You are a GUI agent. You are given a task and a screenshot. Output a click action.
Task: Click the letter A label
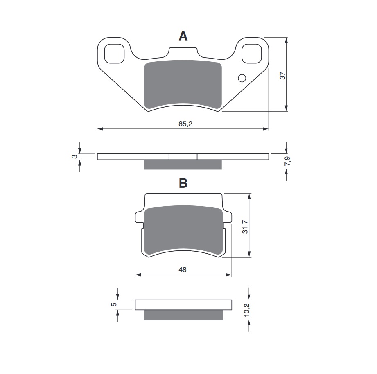[x=183, y=36]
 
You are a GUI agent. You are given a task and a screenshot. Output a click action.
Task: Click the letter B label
[x=183, y=183]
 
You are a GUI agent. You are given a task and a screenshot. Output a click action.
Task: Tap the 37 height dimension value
[x=282, y=76]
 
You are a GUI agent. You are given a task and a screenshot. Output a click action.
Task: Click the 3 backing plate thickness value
[x=74, y=157]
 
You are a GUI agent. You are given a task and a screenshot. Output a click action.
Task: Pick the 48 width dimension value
[x=183, y=270]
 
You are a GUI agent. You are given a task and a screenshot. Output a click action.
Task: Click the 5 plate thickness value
[x=115, y=304]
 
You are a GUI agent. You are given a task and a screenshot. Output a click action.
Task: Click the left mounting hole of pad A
[x=115, y=54]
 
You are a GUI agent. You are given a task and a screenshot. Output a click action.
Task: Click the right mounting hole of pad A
[x=252, y=54]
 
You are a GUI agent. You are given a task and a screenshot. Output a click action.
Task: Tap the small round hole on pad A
[x=242, y=78]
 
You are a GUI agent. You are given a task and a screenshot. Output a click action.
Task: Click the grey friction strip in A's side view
[x=183, y=164]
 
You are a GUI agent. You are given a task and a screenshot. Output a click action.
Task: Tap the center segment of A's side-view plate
[x=183, y=156]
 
